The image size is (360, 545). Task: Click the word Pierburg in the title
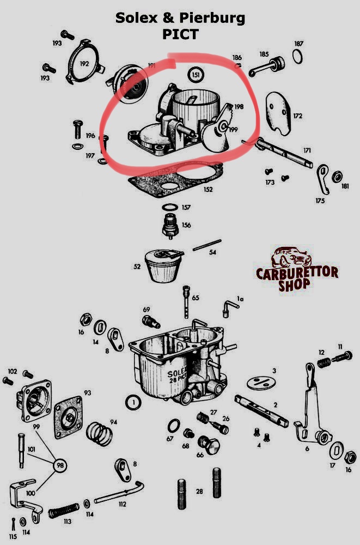(x=212, y=18)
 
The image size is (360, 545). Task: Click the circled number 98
(x=60, y=465)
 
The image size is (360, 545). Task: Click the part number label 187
(x=298, y=44)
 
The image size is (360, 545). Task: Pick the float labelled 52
(x=163, y=265)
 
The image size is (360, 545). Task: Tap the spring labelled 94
(x=99, y=434)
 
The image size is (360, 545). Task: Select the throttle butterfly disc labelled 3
(x=261, y=383)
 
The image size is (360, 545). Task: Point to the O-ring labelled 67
(x=174, y=426)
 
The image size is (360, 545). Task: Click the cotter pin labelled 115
(x=13, y=524)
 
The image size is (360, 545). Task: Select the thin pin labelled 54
(x=207, y=245)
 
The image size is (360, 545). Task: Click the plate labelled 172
(x=279, y=113)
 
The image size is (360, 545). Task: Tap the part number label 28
(x=199, y=491)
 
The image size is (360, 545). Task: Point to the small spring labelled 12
(x=324, y=363)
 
